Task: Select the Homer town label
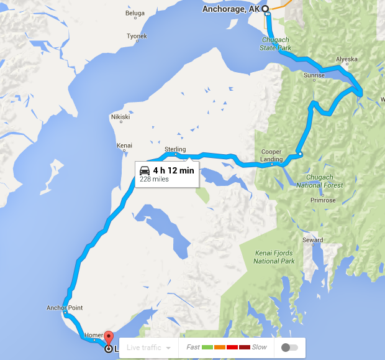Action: [x=93, y=335]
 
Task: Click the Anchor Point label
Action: [x=65, y=308]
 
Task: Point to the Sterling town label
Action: [x=175, y=149]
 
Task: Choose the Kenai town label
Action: [x=124, y=145]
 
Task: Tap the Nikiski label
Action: [x=120, y=117]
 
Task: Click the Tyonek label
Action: [x=137, y=36]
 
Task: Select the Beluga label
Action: [x=135, y=12]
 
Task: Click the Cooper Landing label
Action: [x=271, y=155]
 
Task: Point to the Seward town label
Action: [x=312, y=240]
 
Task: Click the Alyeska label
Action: [x=346, y=60]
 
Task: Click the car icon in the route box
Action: [x=145, y=170]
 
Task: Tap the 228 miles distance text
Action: [x=154, y=179]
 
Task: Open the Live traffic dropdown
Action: [x=148, y=348]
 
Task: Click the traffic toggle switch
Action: [x=289, y=348]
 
